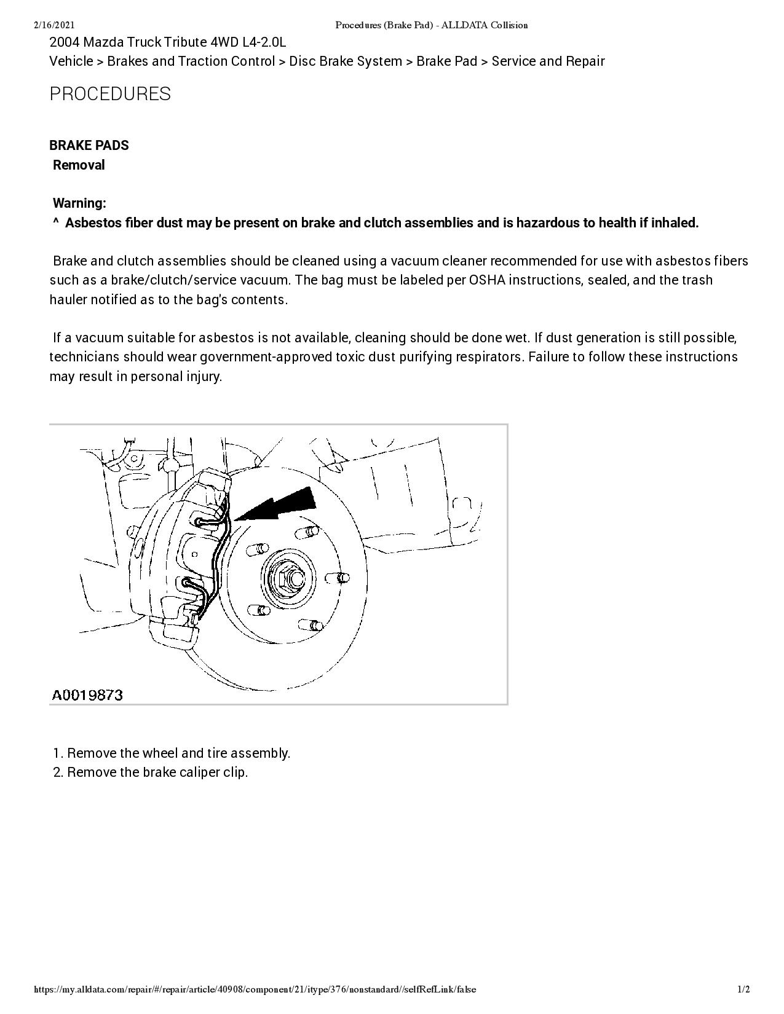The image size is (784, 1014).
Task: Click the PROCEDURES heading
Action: click(110, 94)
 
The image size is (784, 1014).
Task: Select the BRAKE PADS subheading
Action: click(89, 146)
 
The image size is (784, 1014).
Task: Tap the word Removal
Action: click(79, 165)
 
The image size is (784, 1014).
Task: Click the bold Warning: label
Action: click(79, 203)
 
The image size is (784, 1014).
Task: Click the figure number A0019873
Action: click(87, 695)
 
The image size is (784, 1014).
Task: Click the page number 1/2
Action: click(743, 989)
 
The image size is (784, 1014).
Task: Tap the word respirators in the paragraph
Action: click(488, 357)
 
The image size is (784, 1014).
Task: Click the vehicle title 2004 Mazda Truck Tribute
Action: click(167, 42)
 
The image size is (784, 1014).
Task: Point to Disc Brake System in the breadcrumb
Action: click(346, 61)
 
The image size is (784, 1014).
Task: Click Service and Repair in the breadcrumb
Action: click(548, 61)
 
